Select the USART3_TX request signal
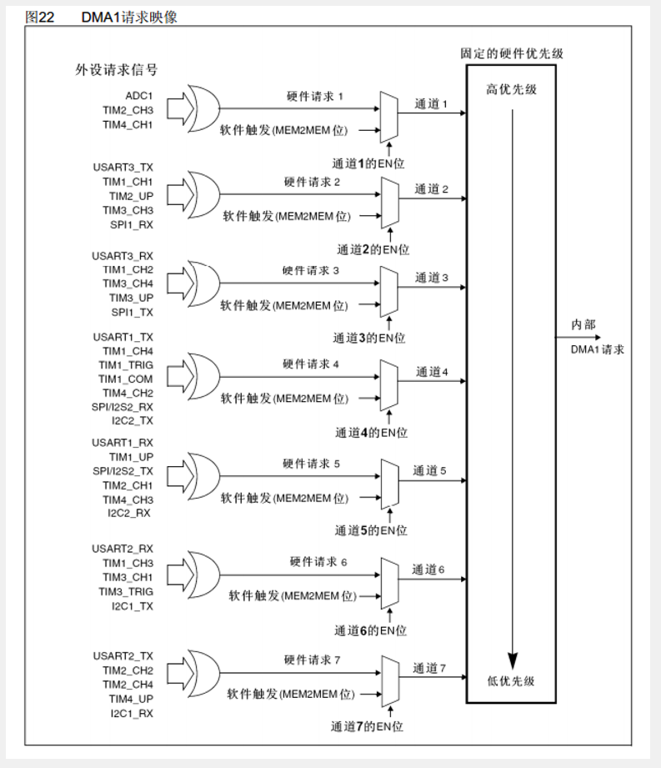click(123, 168)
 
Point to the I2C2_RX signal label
click(129, 513)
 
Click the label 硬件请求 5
click(311, 464)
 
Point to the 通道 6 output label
click(428, 570)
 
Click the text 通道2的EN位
click(373, 249)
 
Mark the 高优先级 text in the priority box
click(511, 89)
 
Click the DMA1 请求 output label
click(597, 349)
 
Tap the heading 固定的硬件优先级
click(512, 53)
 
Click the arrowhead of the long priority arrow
click(512, 656)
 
